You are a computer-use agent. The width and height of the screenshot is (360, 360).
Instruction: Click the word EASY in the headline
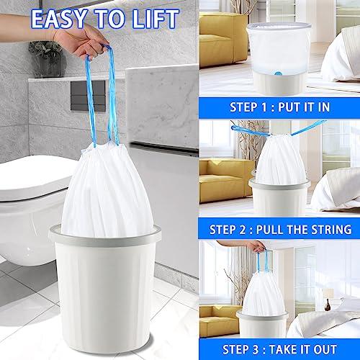pyautogui.click(x=59, y=19)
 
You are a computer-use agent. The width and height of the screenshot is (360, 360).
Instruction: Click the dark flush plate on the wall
pyautogui.click(x=88, y=96)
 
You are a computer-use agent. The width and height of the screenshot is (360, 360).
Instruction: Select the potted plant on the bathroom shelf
pyautogui.click(x=46, y=59)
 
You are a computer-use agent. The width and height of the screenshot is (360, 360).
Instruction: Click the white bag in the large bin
pyautogui.click(x=107, y=192)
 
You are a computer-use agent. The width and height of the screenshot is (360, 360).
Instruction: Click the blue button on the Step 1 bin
pyautogui.click(x=278, y=73)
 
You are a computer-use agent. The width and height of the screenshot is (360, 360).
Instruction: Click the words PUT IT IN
pyautogui.click(x=304, y=107)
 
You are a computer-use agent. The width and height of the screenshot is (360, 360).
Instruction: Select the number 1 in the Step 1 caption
pyautogui.click(x=264, y=107)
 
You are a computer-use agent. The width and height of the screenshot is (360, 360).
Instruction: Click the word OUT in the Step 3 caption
pyautogui.click(x=325, y=349)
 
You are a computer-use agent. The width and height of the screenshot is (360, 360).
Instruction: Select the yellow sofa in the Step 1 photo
pyautogui.click(x=223, y=40)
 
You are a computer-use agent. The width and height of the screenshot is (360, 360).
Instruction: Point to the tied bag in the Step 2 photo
pyautogui.click(x=280, y=161)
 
